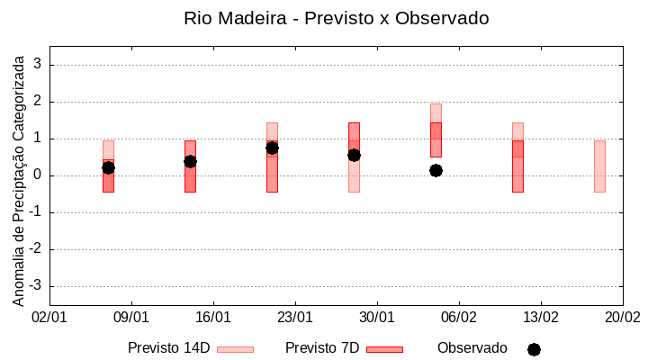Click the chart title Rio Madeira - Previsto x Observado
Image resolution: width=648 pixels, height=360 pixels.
pos(336,18)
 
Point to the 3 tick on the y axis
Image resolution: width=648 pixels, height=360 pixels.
pos(38,65)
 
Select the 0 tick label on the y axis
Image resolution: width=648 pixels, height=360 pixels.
pos(38,175)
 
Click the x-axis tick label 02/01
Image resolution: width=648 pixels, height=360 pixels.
pos(49,318)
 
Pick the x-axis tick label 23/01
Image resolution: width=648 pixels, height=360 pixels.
pos(295,318)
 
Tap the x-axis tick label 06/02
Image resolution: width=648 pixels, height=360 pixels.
pos(459,318)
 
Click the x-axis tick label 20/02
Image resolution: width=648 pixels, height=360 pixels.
pos(622,318)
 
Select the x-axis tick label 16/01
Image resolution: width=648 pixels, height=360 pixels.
pos(213,318)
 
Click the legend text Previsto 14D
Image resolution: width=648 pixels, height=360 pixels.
pos(168,348)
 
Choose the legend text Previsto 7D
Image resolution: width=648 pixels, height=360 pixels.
pos(322,348)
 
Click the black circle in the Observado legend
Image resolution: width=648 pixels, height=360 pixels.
pos(534,349)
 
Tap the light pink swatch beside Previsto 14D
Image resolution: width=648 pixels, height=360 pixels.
pos(235,349)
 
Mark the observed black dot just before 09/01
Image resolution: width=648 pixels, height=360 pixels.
pos(108,167)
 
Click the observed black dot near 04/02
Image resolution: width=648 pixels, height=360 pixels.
pos(436,170)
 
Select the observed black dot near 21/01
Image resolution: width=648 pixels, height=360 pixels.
pos(272,148)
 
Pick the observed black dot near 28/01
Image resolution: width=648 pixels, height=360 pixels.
pos(354,155)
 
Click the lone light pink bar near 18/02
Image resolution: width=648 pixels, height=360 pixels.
pos(599,166)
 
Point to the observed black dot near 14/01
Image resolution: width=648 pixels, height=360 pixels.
pos(190,161)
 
